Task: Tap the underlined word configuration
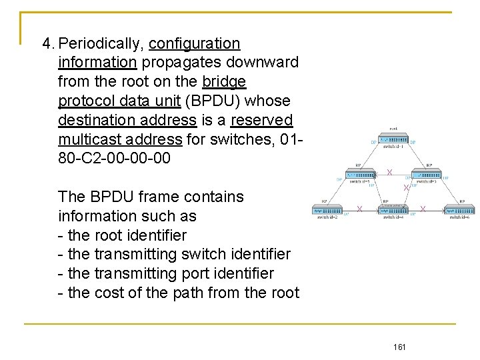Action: (x=194, y=44)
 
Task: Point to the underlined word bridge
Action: (x=224, y=82)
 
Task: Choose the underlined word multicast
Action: (x=85, y=139)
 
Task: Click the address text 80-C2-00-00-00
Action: (x=114, y=159)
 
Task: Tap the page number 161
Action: (x=400, y=347)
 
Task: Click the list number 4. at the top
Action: (x=47, y=44)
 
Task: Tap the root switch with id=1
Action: (x=393, y=137)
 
